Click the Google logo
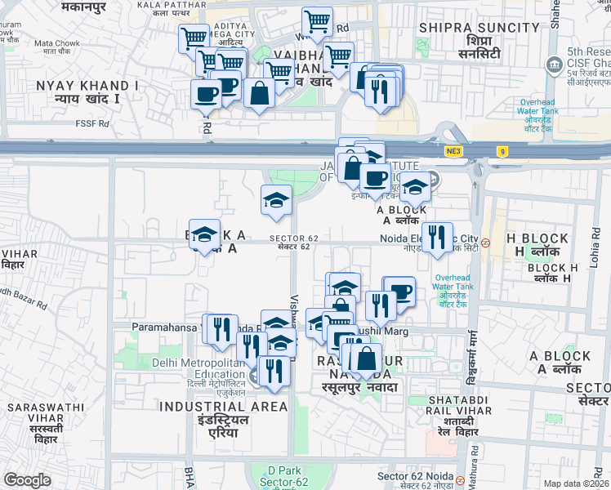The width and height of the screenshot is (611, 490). click(x=27, y=480)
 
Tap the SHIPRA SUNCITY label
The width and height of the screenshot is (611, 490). click(x=479, y=34)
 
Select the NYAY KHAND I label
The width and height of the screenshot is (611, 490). click(x=81, y=91)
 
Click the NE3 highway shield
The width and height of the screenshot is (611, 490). click(x=453, y=151)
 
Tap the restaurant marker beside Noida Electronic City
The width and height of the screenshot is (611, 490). click(x=437, y=238)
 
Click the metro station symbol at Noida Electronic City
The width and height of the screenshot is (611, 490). click(x=485, y=243)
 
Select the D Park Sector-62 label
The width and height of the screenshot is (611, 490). click(x=273, y=477)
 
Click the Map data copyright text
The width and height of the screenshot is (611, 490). click(x=575, y=483)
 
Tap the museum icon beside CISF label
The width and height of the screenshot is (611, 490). click(x=555, y=63)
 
